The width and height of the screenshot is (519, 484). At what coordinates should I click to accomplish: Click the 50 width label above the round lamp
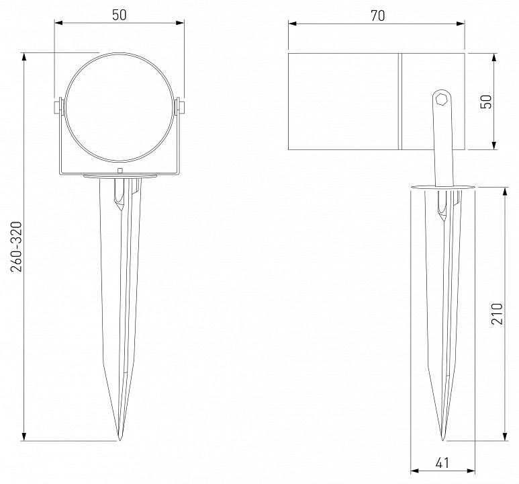tap(120, 16)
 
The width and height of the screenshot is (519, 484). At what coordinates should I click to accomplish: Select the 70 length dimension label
tap(377, 16)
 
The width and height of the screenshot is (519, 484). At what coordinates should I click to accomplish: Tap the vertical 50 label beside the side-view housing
tap(487, 101)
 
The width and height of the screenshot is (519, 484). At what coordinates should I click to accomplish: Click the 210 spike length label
tap(497, 313)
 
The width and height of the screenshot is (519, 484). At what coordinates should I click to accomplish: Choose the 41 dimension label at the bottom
tap(442, 463)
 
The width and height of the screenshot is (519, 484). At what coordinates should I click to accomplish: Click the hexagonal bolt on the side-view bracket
tap(441, 99)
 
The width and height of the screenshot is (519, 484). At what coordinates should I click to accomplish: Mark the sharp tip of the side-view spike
tap(442, 439)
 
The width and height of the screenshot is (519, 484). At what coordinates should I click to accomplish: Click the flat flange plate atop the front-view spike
tap(120, 177)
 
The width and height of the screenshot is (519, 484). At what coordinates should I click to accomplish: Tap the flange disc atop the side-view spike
tap(441, 188)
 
